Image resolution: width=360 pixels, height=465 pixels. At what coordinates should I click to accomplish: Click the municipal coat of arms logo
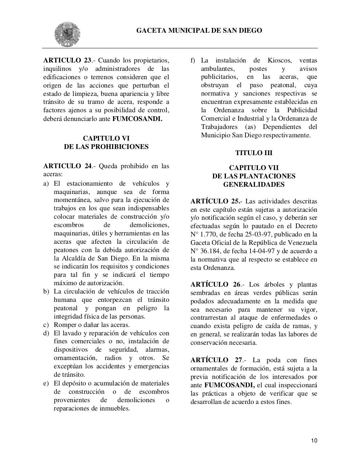point(67,34)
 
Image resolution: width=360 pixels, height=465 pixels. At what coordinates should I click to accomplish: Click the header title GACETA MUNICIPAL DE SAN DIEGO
point(199,31)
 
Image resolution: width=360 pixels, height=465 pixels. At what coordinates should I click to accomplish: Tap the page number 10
point(314,441)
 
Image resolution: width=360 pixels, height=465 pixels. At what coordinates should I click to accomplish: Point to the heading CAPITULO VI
point(106,138)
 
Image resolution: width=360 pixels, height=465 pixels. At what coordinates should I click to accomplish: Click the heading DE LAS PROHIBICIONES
point(106,147)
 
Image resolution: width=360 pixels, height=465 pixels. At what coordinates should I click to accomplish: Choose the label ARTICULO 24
point(68,166)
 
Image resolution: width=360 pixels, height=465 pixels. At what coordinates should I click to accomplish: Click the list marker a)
point(46,183)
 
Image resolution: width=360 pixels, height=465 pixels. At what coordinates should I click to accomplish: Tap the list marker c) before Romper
point(46,325)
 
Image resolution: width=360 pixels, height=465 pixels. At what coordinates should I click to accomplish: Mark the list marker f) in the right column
point(193,60)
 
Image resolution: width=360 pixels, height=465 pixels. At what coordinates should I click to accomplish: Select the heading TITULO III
point(253,153)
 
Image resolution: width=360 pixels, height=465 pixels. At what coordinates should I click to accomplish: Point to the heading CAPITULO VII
point(253,168)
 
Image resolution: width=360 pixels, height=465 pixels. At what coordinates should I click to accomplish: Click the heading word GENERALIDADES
point(253,185)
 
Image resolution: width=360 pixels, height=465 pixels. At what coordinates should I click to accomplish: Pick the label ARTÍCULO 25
point(215,201)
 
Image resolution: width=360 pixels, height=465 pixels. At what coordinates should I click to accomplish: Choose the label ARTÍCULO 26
point(216,284)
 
